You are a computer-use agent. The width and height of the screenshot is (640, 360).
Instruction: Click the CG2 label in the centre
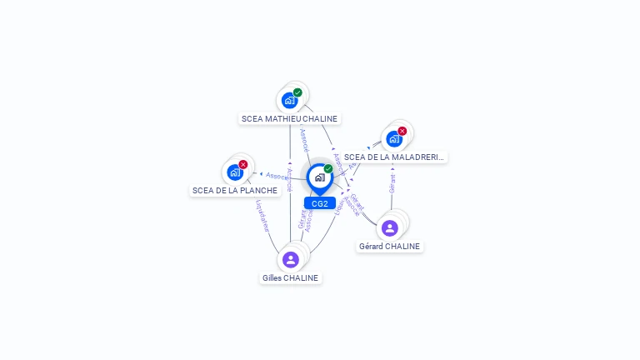click(319, 203)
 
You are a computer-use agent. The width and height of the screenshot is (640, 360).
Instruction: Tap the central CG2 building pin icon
click(319, 177)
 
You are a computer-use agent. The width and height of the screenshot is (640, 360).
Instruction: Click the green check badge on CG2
click(328, 168)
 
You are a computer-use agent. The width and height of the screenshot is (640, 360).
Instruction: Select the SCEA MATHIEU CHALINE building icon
click(289, 100)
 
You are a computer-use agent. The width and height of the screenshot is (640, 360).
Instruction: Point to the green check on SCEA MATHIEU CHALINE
click(297, 92)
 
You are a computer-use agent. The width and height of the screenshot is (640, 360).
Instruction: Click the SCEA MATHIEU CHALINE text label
click(289, 118)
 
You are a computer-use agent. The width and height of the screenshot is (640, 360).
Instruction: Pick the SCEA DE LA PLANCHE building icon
click(234, 172)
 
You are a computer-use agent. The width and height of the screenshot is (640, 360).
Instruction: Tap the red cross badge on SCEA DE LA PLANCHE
click(242, 164)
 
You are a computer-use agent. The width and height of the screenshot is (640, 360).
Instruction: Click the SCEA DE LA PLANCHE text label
click(235, 190)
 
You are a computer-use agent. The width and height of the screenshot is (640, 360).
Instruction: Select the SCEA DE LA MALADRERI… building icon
click(393, 138)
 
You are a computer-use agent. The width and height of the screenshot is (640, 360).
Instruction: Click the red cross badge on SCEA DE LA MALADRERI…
click(402, 131)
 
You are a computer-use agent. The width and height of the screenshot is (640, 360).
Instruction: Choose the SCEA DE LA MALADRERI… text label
click(394, 157)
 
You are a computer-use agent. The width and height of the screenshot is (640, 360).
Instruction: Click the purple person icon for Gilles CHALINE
click(290, 259)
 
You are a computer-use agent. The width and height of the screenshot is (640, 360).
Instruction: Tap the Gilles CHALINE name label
click(290, 277)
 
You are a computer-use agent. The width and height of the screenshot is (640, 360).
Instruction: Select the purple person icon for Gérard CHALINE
click(389, 227)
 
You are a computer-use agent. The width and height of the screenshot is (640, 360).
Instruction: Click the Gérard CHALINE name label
click(390, 246)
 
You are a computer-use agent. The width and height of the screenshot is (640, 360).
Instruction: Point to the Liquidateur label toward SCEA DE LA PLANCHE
click(262, 216)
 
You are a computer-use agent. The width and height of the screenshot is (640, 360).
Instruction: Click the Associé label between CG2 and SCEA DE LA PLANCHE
click(277, 176)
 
